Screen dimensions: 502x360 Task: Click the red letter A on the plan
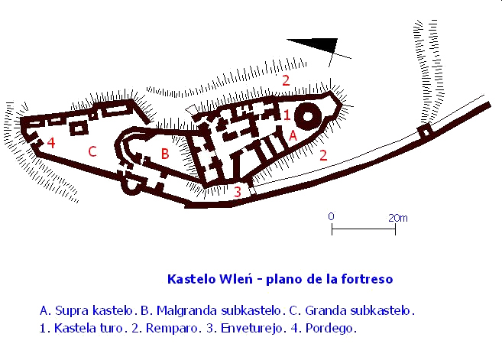coord(293,136)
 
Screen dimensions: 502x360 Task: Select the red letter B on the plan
coord(165,154)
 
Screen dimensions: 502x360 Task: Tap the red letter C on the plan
coord(92,151)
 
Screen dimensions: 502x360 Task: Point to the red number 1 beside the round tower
coord(287,115)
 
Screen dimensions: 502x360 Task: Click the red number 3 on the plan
coord(237,192)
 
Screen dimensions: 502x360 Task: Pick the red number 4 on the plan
coord(51,142)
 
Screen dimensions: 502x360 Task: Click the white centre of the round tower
coord(308,116)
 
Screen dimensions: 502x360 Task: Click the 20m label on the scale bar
coord(398,218)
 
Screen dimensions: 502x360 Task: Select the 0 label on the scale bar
coord(331,216)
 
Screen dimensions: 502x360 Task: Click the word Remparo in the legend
coord(171,329)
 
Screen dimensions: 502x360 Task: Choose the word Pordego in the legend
coord(329,329)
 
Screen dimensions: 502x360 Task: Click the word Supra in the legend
coord(72,310)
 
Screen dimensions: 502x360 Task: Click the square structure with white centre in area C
coord(79,128)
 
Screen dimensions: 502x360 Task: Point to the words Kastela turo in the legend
coord(89,329)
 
